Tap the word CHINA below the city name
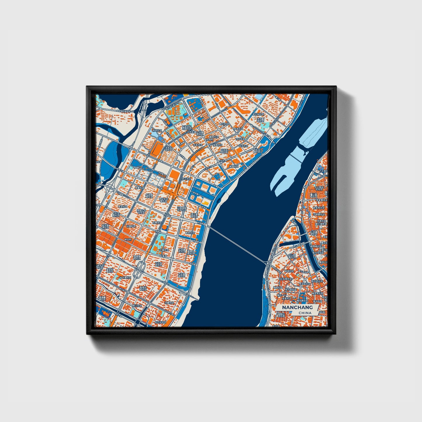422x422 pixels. tap(305, 313)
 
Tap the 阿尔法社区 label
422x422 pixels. tap(160, 322)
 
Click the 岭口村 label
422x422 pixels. tap(128, 239)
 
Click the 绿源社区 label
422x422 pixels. tap(233, 166)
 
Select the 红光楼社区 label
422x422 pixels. tap(286, 279)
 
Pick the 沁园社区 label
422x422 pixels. tap(131, 226)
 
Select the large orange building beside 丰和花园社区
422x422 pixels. tap(158, 149)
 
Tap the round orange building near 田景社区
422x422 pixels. tap(165, 227)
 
